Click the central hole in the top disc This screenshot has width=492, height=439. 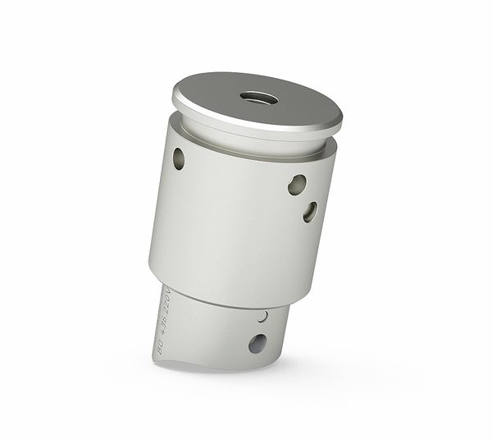tap(259, 98)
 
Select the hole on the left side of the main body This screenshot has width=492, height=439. tap(178, 158)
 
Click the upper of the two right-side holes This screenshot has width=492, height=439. tap(297, 185)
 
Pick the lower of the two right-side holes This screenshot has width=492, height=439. tap(310, 212)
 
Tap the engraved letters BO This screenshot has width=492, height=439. tap(160, 348)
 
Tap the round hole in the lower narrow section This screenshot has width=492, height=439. tap(257, 343)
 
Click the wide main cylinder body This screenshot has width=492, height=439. tap(238, 222)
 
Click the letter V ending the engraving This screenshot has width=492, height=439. tap(166, 290)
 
